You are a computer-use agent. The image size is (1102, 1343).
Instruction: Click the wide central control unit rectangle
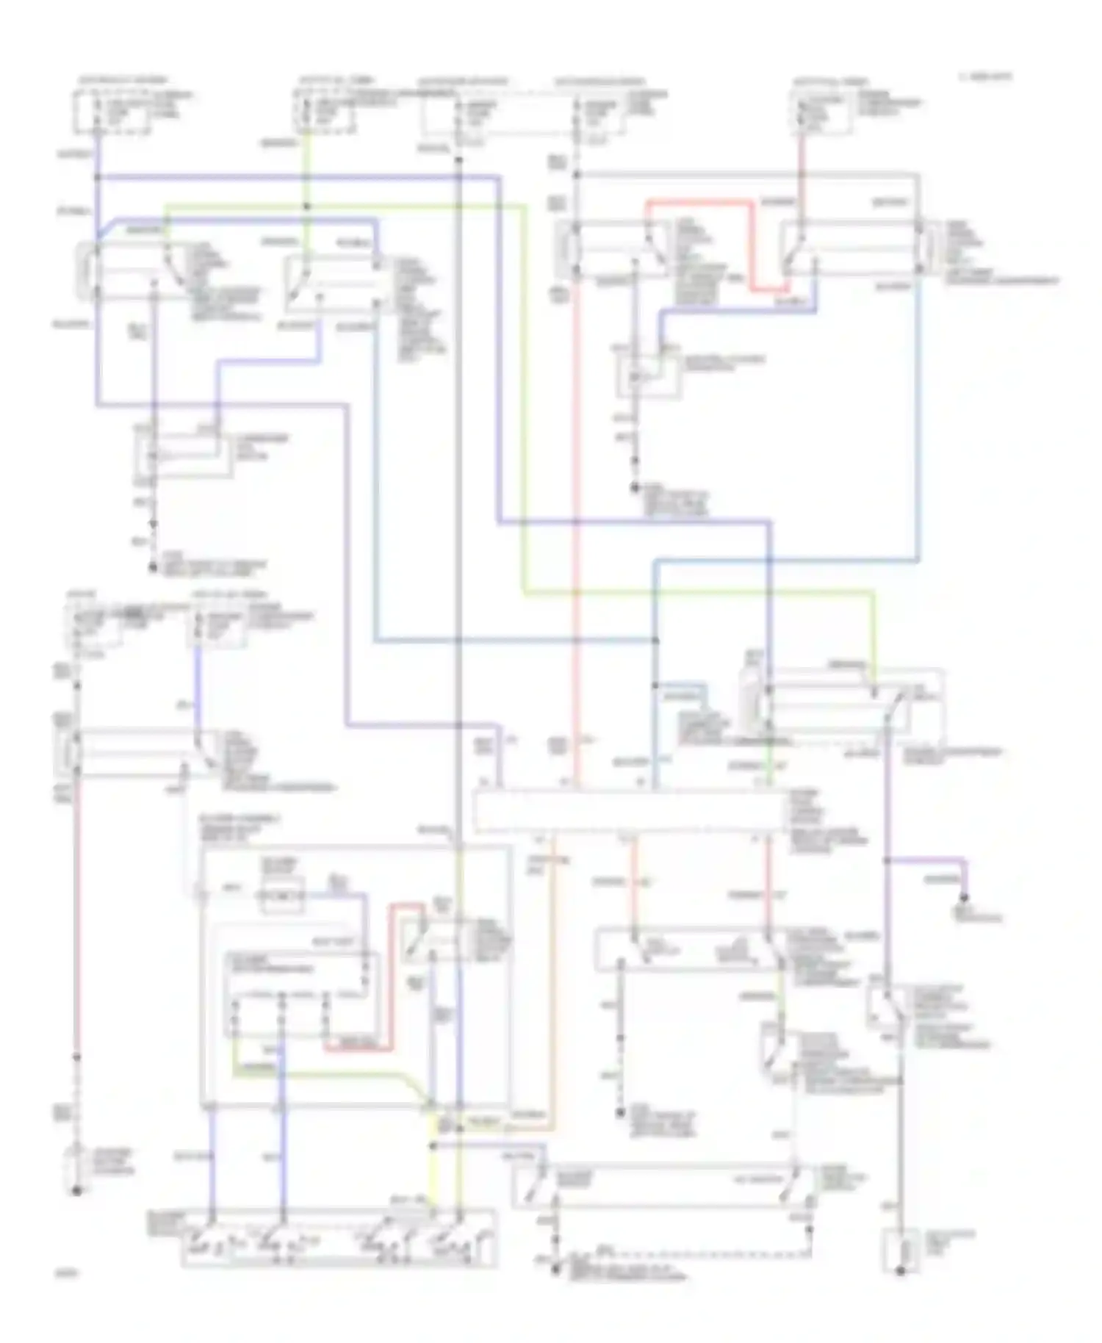coord(628,812)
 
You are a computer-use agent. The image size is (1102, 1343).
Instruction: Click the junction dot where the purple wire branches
coord(887,860)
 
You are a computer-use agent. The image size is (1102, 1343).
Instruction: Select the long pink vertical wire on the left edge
coord(76,918)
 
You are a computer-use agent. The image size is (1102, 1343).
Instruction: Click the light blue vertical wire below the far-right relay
coord(918,419)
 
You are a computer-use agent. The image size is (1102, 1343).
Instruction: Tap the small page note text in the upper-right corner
coord(984,76)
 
